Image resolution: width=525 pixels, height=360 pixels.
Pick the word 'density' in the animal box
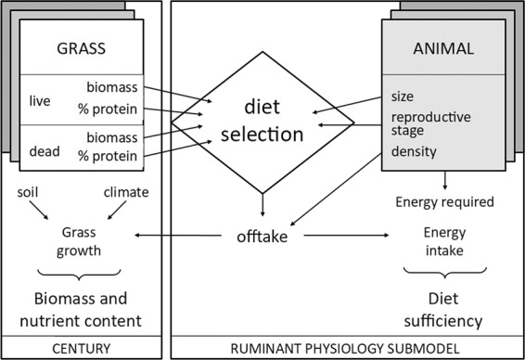click(416, 150)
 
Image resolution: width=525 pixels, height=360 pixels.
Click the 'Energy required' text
click(444, 202)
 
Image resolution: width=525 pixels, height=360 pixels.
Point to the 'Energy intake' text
click(445, 238)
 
